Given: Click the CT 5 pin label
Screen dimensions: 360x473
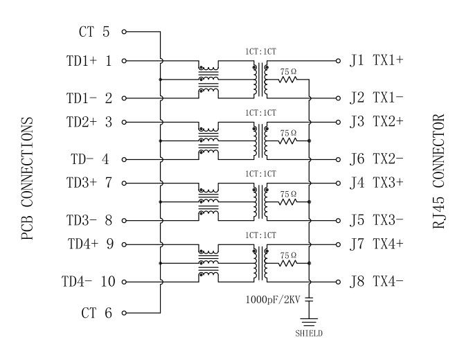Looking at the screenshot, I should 96,31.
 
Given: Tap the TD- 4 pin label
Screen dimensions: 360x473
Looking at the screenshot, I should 89,160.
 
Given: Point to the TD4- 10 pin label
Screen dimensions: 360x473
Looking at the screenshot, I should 87,282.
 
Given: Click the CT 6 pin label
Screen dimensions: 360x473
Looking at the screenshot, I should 96,313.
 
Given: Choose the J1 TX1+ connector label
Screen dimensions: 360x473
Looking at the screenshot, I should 377,61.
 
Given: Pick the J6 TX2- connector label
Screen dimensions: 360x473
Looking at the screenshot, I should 377,160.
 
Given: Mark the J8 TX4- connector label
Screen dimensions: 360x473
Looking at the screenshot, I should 377,282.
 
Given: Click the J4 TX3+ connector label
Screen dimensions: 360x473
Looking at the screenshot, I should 377,183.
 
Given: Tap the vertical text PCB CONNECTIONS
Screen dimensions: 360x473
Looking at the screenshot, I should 27,179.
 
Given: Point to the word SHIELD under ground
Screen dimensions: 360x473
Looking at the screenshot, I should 310,333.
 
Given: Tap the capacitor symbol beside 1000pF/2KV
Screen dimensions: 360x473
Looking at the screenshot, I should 310,300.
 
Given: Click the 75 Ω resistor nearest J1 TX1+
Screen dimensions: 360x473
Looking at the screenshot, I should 287,80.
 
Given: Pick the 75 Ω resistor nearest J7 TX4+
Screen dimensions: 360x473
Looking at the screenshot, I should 287,263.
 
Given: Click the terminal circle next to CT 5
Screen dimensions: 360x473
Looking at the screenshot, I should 125,31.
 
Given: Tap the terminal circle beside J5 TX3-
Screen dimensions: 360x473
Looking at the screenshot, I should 339,222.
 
